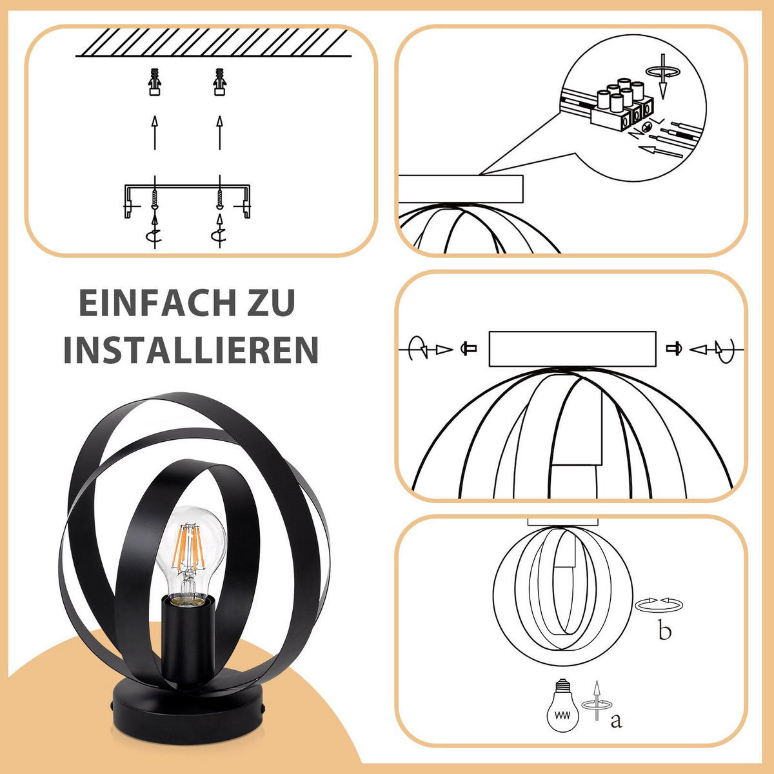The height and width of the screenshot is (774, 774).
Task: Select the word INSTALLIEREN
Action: click(x=191, y=350)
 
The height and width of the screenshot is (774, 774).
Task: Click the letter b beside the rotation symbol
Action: click(x=664, y=631)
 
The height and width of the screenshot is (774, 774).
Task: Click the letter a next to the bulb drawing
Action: click(x=616, y=719)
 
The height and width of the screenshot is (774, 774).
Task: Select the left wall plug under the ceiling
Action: click(x=155, y=83)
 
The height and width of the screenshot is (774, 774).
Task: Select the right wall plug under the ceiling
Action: click(x=220, y=83)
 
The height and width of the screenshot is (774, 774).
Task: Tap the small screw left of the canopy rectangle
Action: click(x=469, y=349)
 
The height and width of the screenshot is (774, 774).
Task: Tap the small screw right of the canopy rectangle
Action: click(x=674, y=349)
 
